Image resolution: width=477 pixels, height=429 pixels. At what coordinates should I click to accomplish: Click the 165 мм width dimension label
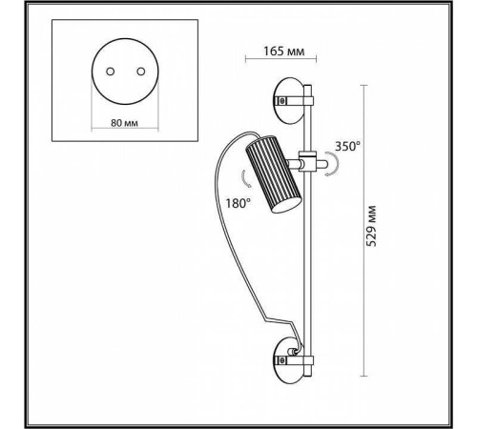click(283, 51)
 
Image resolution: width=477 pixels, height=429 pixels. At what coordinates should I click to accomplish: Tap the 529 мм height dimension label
click(371, 226)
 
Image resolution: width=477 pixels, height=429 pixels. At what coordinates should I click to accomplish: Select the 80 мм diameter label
click(124, 123)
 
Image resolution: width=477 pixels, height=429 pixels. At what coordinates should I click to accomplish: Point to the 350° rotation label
click(348, 146)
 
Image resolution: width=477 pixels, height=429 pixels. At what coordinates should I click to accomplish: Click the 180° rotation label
click(238, 203)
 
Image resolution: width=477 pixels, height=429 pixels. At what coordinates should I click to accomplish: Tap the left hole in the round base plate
click(111, 71)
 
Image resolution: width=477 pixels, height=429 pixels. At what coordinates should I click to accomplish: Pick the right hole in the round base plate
click(141, 71)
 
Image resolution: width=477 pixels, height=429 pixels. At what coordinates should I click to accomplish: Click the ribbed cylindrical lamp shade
click(273, 174)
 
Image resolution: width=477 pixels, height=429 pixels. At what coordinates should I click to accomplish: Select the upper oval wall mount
click(289, 100)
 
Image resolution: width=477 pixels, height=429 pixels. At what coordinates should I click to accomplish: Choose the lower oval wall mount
click(289, 360)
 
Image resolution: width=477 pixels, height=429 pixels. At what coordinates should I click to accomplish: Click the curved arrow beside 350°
click(333, 164)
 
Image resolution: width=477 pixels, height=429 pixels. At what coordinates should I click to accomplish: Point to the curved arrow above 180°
click(245, 179)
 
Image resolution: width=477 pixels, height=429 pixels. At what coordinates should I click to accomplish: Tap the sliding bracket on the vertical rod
click(307, 162)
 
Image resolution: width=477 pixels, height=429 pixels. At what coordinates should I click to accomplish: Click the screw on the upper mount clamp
click(281, 101)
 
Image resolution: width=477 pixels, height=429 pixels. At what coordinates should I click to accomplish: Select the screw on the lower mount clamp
click(281, 360)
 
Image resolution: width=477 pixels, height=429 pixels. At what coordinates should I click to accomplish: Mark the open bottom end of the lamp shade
click(285, 206)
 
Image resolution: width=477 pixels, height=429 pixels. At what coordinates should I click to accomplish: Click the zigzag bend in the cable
click(280, 321)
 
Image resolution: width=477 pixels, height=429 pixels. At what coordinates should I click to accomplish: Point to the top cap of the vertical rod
click(307, 86)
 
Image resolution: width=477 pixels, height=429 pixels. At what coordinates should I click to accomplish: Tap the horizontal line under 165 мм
click(280, 58)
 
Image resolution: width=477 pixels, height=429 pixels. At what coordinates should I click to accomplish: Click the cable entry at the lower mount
click(292, 352)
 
